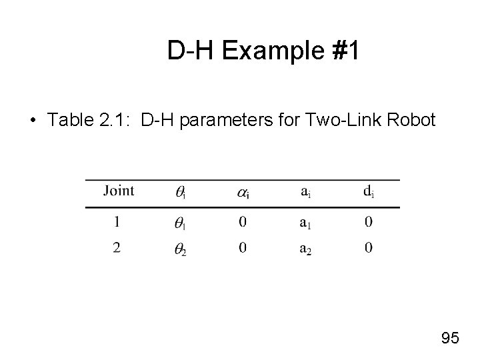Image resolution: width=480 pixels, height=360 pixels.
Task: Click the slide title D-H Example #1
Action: (263, 51)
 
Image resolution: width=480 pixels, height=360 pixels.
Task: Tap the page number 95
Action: (450, 338)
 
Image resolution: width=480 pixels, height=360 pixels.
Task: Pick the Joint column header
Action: (119, 191)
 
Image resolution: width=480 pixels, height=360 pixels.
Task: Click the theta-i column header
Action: (181, 193)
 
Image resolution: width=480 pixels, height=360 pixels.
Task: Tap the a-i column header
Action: (305, 192)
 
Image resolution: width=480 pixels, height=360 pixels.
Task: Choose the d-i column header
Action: (368, 192)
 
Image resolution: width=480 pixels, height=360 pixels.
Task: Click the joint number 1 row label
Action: (117, 221)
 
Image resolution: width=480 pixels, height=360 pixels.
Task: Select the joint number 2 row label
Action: (117, 248)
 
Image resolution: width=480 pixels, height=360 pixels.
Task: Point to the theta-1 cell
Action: (181, 223)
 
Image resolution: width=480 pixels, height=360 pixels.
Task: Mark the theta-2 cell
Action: (181, 249)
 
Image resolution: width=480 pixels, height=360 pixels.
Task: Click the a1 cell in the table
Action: (305, 222)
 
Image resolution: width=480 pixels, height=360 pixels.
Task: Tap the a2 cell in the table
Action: (305, 249)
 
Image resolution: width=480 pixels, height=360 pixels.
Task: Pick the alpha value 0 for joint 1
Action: (243, 221)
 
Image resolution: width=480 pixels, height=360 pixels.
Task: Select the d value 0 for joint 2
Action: (368, 248)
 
